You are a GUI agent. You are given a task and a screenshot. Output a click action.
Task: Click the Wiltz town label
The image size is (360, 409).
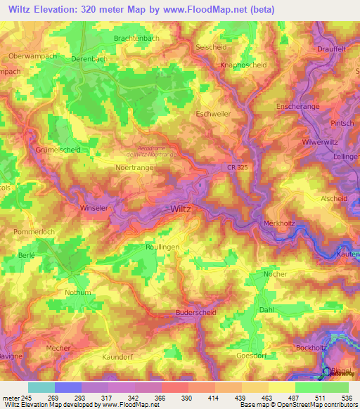pyautogui.click(x=181, y=209)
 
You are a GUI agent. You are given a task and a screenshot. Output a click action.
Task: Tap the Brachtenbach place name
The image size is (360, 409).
pyautogui.click(x=137, y=38)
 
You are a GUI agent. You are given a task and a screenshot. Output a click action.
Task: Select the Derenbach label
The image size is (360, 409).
pyautogui.click(x=89, y=60)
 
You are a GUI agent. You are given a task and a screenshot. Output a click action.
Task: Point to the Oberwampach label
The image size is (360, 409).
pyautogui.click(x=32, y=56)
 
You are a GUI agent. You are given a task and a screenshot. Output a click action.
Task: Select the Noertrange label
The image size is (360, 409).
pyautogui.click(x=134, y=167)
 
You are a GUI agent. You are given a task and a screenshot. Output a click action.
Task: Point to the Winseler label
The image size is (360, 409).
pyautogui.click(x=96, y=208)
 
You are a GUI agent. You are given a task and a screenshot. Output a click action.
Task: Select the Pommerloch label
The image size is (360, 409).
pyautogui.click(x=33, y=231)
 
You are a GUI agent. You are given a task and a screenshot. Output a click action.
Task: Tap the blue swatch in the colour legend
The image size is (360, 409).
pyautogui.click(x=67, y=387)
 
